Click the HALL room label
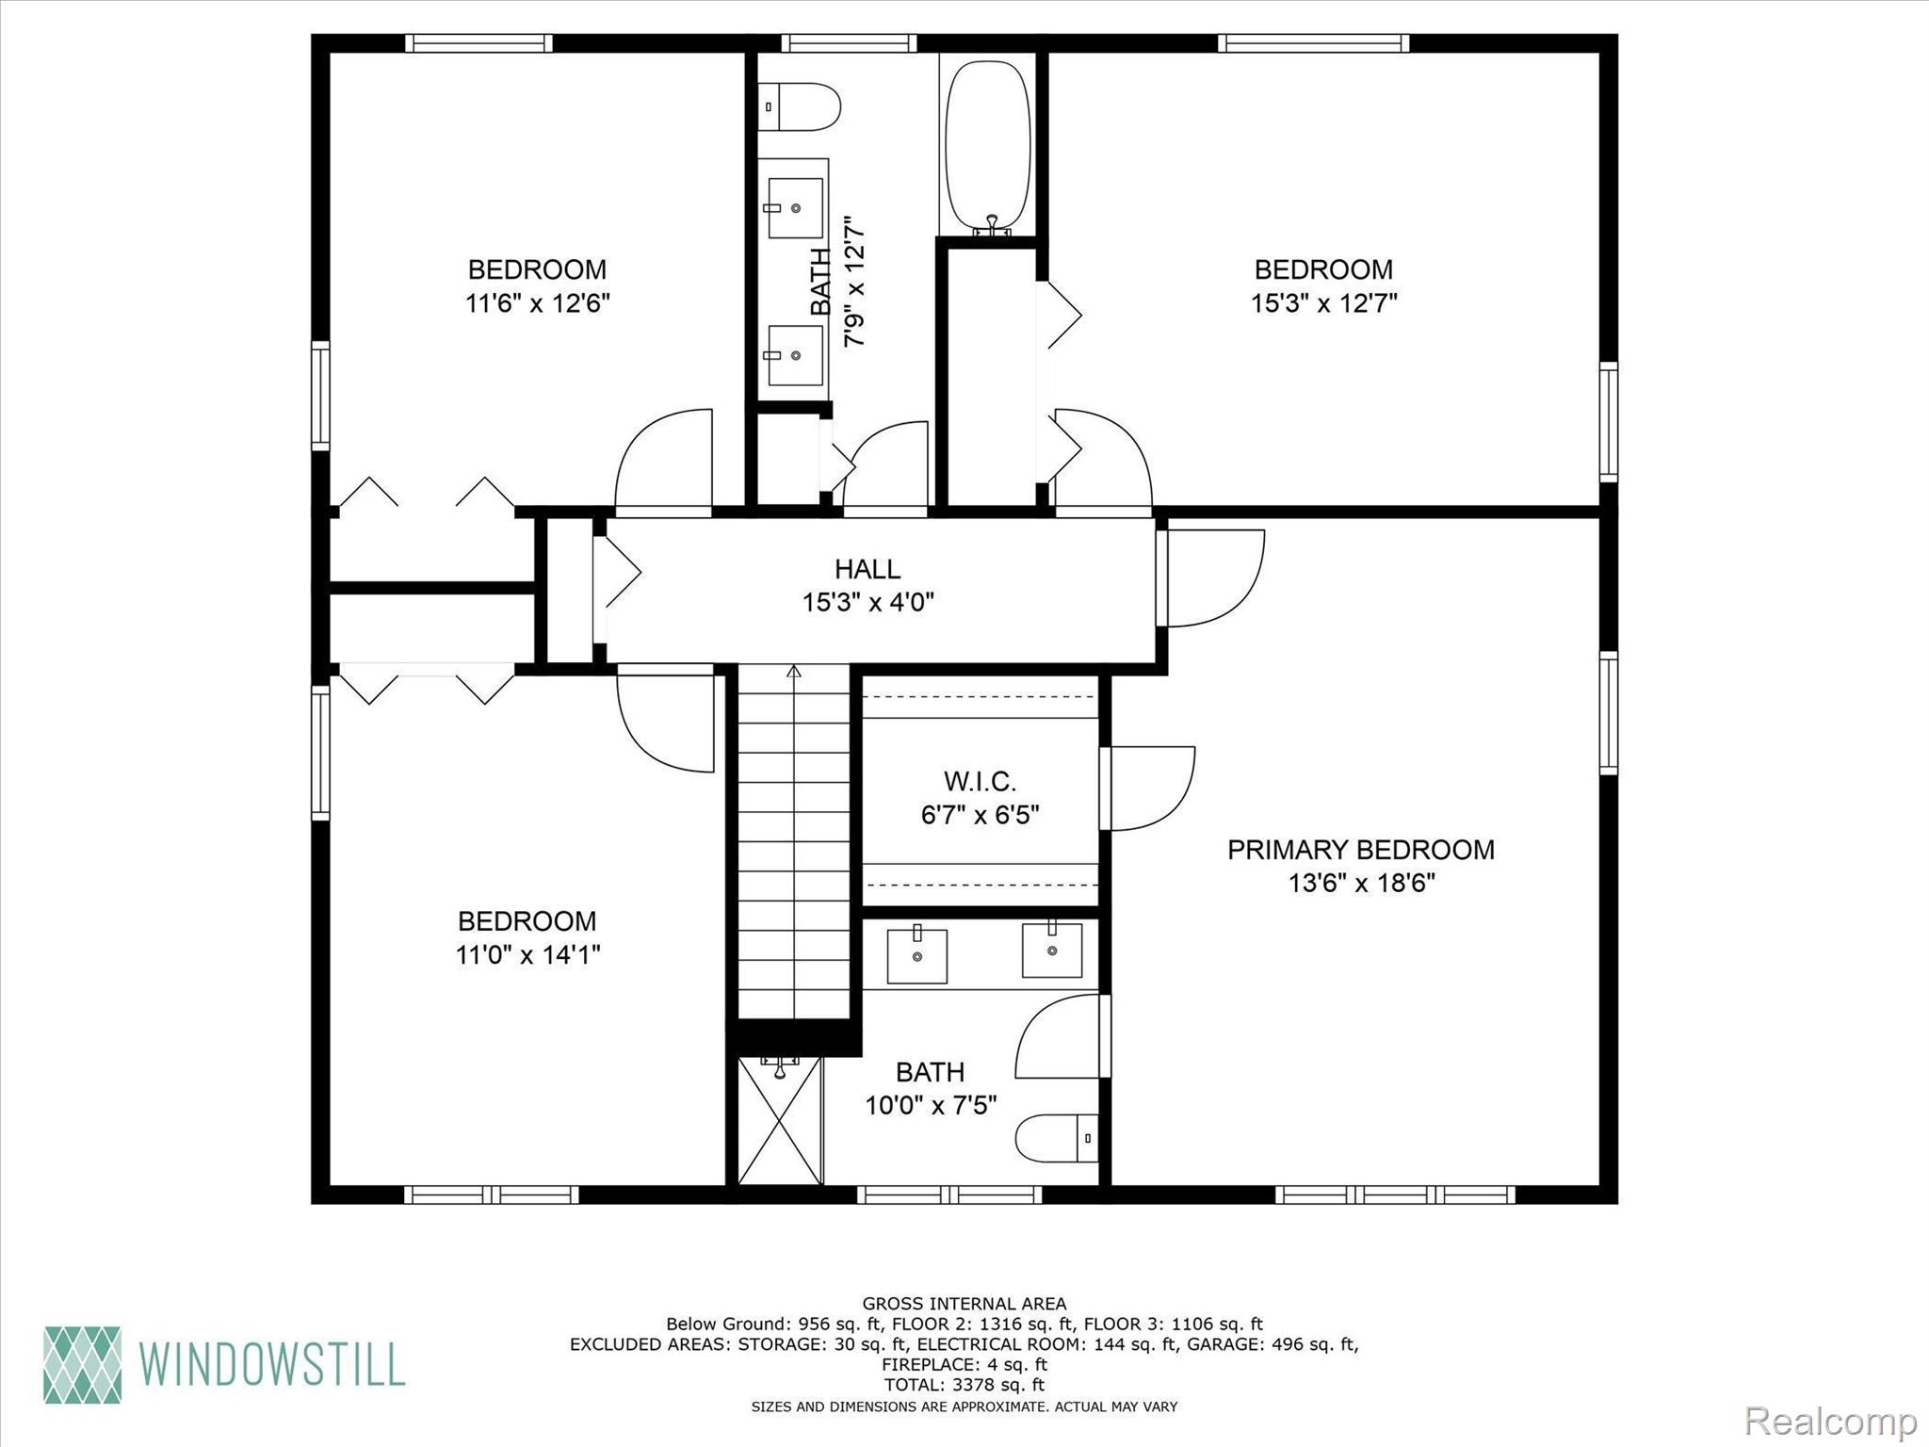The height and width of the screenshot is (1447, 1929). (867, 569)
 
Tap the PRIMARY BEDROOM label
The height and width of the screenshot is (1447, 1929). (1360, 850)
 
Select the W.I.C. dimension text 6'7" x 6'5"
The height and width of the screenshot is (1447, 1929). (980, 815)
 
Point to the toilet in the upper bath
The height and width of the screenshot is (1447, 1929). (800, 106)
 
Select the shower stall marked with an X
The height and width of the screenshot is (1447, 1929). (780, 1120)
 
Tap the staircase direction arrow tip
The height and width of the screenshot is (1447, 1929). (794, 671)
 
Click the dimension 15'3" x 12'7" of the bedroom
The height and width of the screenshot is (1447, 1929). (1322, 303)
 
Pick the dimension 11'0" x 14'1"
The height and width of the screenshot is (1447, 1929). (527, 955)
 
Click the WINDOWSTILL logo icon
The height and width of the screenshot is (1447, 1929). (83, 1365)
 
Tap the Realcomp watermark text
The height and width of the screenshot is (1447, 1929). (1830, 1421)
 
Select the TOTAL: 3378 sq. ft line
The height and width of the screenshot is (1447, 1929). (964, 1385)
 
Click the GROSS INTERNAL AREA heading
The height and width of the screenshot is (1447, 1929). (964, 1304)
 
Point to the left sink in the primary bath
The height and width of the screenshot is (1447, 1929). (916, 954)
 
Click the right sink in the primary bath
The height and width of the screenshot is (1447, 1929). (1052, 950)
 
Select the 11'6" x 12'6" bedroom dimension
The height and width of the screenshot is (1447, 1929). (537, 303)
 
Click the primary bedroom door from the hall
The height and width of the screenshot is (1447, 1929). (1216, 578)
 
